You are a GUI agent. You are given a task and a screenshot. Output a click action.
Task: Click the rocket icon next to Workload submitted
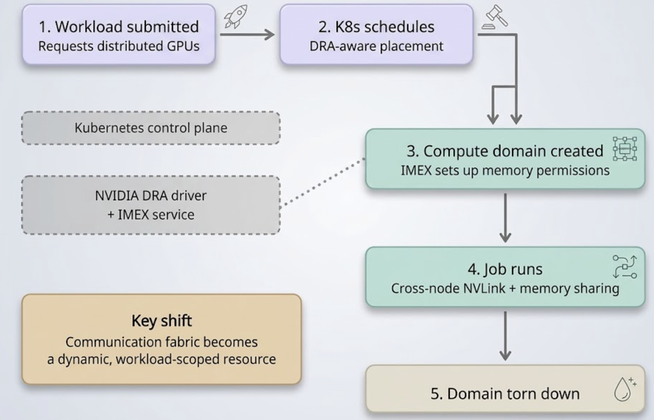(236, 17)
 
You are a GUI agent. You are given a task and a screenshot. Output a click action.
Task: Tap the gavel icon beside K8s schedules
(494, 17)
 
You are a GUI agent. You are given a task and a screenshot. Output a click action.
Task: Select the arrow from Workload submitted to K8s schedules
(247, 35)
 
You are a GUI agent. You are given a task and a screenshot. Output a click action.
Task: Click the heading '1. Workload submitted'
(119, 27)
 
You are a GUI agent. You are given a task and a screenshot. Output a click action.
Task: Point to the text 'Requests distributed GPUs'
(119, 46)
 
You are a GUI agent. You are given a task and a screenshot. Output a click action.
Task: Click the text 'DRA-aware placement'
(376, 46)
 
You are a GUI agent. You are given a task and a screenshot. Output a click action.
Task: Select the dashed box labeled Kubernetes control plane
(151, 128)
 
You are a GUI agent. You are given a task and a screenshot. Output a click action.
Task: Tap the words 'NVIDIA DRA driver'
(151, 196)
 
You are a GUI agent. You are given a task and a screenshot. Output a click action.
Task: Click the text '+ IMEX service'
(151, 215)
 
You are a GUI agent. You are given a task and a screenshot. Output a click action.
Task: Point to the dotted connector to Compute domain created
(323, 182)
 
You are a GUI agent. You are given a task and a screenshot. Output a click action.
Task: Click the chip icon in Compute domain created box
(624, 149)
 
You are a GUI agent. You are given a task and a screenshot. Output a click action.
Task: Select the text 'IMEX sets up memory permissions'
(505, 171)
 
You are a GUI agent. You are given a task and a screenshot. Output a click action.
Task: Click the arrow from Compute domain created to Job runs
(505, 217)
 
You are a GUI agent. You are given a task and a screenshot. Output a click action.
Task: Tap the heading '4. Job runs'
(505, 269)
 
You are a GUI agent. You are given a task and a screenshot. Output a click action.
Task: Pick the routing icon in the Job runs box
(624, 266)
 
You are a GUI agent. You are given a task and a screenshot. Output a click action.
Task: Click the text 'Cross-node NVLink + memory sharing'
(505, 288)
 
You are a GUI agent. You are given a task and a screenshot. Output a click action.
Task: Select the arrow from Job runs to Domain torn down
(505, 336)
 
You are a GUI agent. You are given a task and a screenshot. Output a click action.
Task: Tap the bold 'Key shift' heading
(162, 321)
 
